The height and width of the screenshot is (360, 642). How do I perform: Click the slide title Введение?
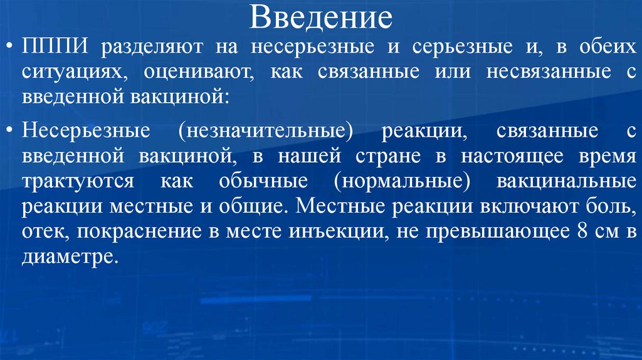coord(321,19)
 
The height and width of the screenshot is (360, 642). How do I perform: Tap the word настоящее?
coord(500,157)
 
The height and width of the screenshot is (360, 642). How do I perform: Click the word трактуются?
coord(78,181)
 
